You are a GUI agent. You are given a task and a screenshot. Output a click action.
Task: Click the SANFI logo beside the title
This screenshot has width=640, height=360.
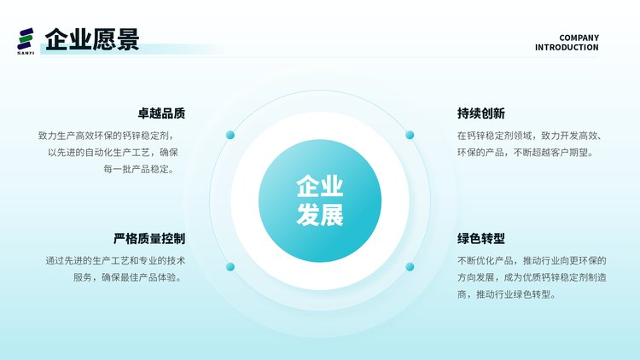point(26,41)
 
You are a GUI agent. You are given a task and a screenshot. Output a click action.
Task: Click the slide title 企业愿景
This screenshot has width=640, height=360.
point(92,39)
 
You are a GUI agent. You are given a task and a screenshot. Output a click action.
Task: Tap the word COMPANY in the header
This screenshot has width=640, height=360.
point(579,38)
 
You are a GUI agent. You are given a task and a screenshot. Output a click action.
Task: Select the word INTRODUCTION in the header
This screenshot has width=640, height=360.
point(567,48)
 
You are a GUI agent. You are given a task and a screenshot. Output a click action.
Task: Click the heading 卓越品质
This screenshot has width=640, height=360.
point(161,113)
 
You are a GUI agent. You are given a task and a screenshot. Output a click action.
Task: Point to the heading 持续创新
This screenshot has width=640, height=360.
point(480,113)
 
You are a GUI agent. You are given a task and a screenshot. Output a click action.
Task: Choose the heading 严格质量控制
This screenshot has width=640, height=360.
point(149,238)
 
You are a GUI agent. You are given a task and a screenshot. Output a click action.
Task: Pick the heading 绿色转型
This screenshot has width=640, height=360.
point(480,238)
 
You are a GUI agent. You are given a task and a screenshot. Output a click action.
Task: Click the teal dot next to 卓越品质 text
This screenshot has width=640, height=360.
point(230,135)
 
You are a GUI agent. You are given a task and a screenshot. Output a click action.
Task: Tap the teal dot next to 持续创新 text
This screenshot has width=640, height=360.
point(410,135)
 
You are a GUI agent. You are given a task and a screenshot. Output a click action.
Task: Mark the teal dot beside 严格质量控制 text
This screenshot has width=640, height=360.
point(230,267)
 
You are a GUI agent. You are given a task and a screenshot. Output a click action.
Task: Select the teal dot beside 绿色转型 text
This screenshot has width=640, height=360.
point(410,267)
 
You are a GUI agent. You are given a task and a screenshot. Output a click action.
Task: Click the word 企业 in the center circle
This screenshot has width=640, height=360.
point(320,186)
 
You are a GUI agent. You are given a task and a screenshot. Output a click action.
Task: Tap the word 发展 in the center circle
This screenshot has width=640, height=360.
point(320,214)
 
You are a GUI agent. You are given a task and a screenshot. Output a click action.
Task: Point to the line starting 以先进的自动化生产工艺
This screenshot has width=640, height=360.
point(113,152)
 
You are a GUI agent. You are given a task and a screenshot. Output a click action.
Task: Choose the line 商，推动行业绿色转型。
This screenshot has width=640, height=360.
point(508,294)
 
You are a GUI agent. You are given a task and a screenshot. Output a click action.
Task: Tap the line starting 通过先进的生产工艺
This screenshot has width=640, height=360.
point(115,260)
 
